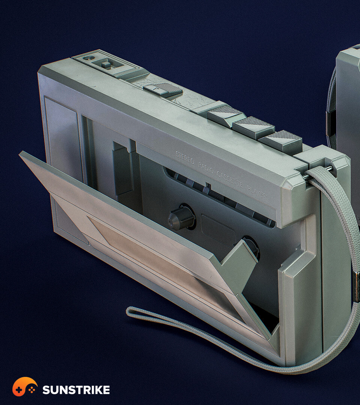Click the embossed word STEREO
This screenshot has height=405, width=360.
coord(184,157)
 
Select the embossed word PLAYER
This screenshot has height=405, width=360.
coord(256,192)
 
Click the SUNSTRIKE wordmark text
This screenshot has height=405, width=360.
coord(76,390)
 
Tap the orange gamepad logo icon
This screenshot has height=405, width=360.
coord(25,387)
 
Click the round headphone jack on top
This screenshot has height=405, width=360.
coord(89,58)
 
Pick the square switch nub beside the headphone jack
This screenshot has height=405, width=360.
coord(106,64)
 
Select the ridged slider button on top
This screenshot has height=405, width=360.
coord(163,89)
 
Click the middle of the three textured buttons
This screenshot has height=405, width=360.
coord(254,127)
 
